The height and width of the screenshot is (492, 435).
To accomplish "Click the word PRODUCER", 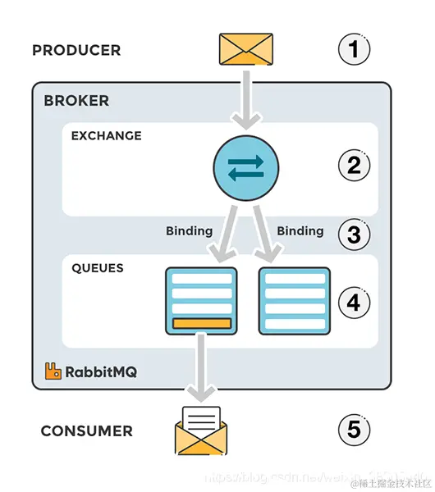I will tap(76, 50).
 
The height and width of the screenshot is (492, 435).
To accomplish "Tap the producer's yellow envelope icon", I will tap(245, 49).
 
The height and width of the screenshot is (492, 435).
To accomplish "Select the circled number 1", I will tap(354, 50).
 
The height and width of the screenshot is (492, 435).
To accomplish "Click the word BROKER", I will tap(76, 101).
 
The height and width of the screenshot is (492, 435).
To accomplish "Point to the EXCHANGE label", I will tap(106, 136).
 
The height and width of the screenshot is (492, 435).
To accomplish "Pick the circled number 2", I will tap(354, 166).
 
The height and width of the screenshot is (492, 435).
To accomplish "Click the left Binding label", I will tap(189, 231).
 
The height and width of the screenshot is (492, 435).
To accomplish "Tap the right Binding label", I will tap(300, 231).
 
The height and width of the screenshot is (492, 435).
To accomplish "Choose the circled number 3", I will tap(354, 235).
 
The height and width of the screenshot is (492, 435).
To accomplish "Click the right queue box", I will tap(294, 301).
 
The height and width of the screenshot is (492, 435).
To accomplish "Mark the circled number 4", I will tap(354, 303).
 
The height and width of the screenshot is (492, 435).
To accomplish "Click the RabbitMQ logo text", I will tap(101, 371).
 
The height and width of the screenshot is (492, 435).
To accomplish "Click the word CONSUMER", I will tap(86, 430).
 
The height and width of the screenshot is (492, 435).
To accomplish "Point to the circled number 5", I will tap(354, 429).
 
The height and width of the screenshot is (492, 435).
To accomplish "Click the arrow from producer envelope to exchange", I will tap(245, 98).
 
